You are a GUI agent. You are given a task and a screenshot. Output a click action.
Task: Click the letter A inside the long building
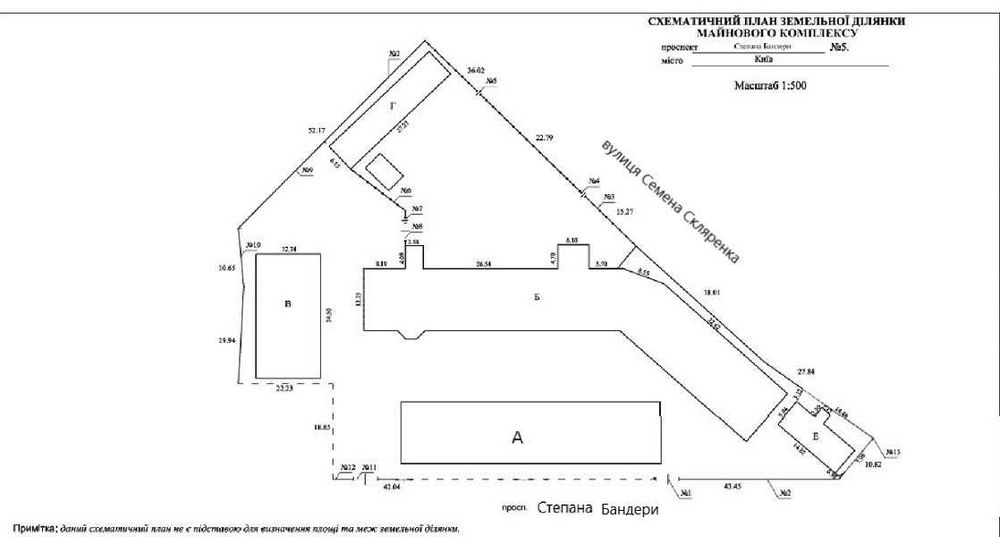pos(516,436)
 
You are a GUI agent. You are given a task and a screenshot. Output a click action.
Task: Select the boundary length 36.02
pos(475,70)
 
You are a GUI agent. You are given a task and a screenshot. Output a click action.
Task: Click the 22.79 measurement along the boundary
pos(545,137)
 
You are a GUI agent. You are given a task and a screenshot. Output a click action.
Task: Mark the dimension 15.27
pos(626,212)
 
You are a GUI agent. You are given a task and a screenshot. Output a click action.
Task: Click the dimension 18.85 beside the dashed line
pos(321,427)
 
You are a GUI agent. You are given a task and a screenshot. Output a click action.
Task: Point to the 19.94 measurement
pos(227,341)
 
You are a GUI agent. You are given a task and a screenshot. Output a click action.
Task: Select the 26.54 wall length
pos(484,264)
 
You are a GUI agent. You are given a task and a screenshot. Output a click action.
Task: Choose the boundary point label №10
pos(252,245)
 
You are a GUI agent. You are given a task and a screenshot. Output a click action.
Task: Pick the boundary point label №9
pos(307,172)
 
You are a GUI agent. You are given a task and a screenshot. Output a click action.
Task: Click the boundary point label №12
pos(347,467)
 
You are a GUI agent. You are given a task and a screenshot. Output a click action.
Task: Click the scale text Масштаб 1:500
pos(770,86)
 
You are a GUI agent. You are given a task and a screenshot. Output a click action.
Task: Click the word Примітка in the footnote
pos(32,526)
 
